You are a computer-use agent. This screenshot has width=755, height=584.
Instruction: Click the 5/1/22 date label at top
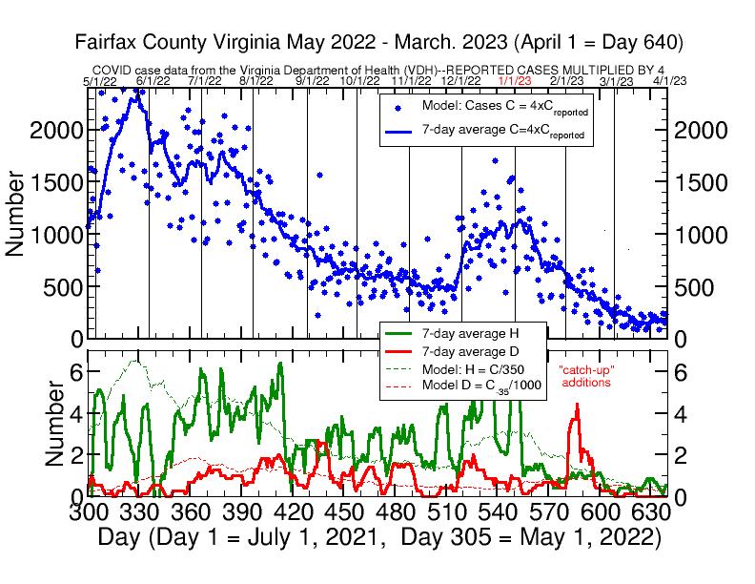tap(100, 81)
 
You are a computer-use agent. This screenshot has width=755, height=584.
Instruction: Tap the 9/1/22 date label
tap(312, 81)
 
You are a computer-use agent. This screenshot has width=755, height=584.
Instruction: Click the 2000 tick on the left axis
tap(57, 130)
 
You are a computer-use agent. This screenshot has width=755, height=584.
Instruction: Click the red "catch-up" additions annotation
tap(586, 376)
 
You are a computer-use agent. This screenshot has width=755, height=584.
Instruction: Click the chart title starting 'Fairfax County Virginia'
tap(377, 43)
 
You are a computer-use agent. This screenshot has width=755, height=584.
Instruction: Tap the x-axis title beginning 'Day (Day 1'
tap(378, 537)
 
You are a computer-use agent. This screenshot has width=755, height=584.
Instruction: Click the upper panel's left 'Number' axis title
tap(16, 213)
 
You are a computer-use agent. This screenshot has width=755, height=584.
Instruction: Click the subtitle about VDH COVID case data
tap(378, 70)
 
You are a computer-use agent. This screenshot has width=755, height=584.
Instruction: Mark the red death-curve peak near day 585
tap(576, 406)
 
